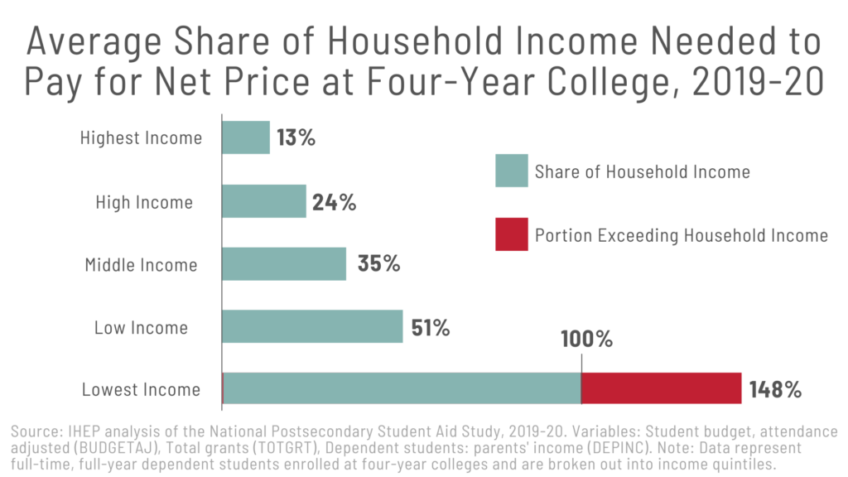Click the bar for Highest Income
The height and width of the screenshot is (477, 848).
(246, 137)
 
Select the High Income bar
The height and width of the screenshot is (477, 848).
(264, 201)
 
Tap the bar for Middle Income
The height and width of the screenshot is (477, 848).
(284, 264)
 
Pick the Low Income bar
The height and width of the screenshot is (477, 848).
(312, 326)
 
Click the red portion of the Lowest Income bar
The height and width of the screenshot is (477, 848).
(661, 388)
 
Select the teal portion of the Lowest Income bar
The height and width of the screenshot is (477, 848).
(402, 388)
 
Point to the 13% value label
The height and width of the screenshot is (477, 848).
(296, 137)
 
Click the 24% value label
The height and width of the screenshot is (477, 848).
(335, 201)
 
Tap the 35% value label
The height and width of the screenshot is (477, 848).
(378, 264)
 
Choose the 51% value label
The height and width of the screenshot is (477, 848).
(431, 327)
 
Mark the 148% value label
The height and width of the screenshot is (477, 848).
(775, 389)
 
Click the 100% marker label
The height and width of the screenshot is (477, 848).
(585, 340)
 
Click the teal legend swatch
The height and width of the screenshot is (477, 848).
(511, 171)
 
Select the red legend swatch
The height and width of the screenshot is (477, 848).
(511, 234)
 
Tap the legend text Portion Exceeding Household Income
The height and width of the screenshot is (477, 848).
(681, 235)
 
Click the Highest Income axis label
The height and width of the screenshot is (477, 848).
(141, 138)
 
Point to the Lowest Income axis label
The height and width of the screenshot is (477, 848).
(141, 389)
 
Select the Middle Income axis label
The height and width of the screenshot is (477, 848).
(141, 265)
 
